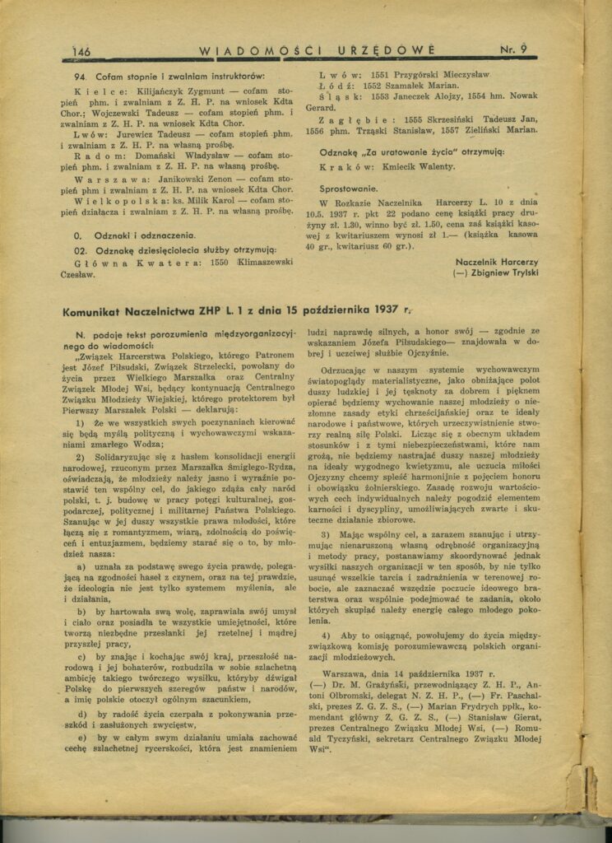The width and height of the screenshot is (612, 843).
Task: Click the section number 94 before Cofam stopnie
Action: click(79, 76)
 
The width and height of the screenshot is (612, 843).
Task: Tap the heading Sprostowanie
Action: click(350, 188)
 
